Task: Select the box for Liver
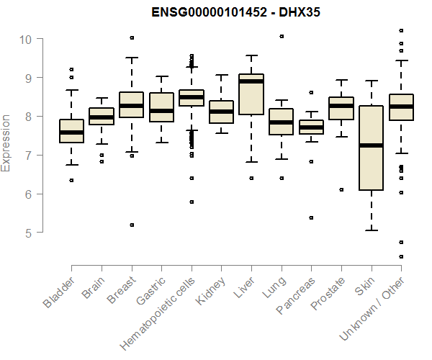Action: pos(251,94)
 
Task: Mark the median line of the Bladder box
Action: pos(71,132)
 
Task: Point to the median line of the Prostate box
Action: pos(341,106)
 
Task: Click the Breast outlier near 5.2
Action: pos(132,225)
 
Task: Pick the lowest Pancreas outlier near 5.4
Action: pos(311,217)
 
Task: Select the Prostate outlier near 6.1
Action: pos(341,189)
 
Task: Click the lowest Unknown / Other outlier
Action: pos(401,256)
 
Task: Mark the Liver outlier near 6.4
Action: pos(251,178)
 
